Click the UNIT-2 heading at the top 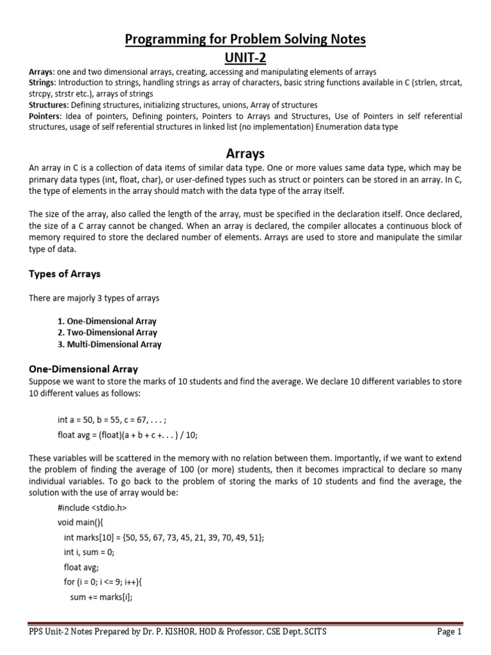[x=245, y=57]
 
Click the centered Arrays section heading [x=245, y=154]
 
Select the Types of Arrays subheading [x=65, y=274]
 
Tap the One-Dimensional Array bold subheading [x=83, y=369]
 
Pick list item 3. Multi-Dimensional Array [x=109, y=344]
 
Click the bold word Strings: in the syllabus [x=43, y=83]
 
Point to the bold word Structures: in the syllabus [x=49, y=105]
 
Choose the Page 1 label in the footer [x=449, y=632]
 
